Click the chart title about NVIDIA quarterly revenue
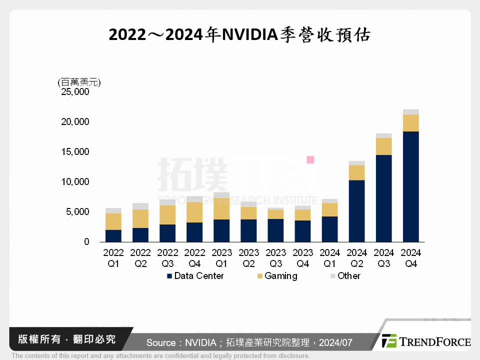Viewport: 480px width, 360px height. pos(239,35)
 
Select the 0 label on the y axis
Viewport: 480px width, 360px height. pos(86,242)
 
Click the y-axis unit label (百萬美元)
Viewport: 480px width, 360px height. pos(79,82)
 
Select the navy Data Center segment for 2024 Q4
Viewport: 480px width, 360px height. pos(410,186)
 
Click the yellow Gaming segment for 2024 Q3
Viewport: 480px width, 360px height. pos(383,146)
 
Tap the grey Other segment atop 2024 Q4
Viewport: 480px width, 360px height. pos(410,112)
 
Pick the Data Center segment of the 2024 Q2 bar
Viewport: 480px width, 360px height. pos(356,210)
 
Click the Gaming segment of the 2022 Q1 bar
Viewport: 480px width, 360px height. pos(113,221)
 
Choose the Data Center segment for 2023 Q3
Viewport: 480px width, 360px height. pos(275,230)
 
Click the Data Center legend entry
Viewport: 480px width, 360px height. pos(195,276)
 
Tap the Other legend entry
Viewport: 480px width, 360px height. pos(345,276)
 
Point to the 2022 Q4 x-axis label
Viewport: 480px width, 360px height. pos(194,257)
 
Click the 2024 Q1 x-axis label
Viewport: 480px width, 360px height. pos(329,257)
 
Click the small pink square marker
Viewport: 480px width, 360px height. pos(310,159)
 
